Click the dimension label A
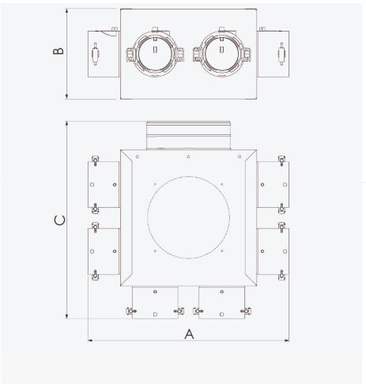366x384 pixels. click(x=189, y=333)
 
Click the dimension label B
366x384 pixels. click(x=58, y=52)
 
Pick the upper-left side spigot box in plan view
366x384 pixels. click(x=103, y=186)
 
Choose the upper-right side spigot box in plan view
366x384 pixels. click(x=273, y=186)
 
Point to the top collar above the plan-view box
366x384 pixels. click(x=188, y=135)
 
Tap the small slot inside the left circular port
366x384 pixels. click(x=156, y=53)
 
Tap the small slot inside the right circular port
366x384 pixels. click(x=221, y=53)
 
